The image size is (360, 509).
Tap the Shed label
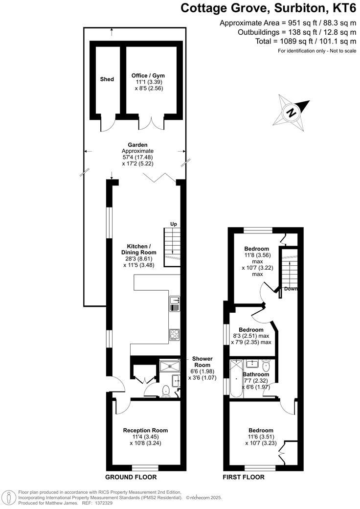[107, 79]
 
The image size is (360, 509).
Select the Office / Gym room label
[148, 75]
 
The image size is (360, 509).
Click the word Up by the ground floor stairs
[173, 224]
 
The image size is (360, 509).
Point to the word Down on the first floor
[291, 289]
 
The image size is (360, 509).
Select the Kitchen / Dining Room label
[142, 249]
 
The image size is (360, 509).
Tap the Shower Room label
[202, 361]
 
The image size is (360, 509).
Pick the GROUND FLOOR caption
[131, 477]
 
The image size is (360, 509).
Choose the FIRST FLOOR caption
[244, 477]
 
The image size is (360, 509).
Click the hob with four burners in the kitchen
[175, 334]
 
